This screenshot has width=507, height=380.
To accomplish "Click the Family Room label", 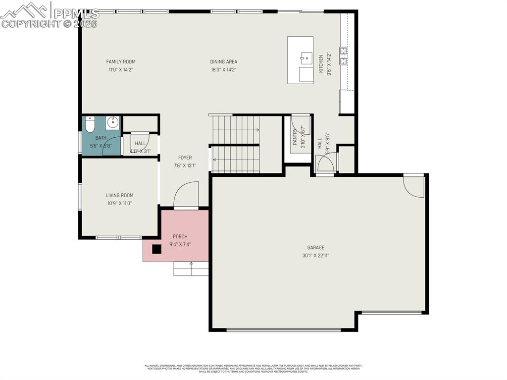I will (x=120, y=62).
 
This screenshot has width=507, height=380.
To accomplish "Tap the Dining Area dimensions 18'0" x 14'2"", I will (x=223, y=70).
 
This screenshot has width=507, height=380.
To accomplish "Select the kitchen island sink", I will (x=305, y=58).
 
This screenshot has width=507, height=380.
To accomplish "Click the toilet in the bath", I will (x=90, y=124).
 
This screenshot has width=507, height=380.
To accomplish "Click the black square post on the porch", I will (x=156, y=249).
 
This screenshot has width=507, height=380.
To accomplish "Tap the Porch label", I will (x=180, y=237).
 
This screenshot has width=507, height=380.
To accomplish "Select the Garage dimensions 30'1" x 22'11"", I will (x=315, y=256).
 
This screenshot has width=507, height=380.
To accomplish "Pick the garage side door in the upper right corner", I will (x=414, y=186).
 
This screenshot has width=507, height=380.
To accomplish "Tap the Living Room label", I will (x=119, y=195).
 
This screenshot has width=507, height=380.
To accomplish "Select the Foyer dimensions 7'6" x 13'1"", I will (x=185, y=165).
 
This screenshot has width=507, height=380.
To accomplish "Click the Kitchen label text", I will (x=321, y=64).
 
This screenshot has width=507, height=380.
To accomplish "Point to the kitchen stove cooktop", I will (x=343, y=56).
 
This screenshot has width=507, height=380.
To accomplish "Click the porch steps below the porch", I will (x=191, y=269).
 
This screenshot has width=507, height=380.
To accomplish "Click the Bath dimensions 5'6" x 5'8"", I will (x=101, y=146).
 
